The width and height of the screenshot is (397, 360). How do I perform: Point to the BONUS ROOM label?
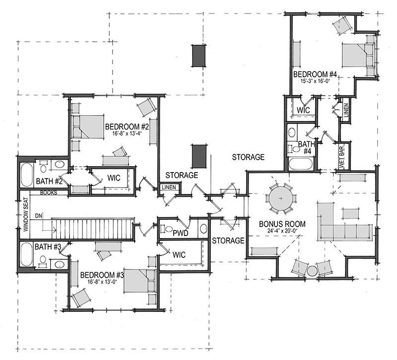[282, 224]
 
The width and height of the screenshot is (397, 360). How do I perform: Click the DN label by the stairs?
[39, 215]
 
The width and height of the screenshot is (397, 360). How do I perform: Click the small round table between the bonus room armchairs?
[312, 271]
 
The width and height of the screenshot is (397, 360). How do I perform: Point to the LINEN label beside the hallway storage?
[167, 187]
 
